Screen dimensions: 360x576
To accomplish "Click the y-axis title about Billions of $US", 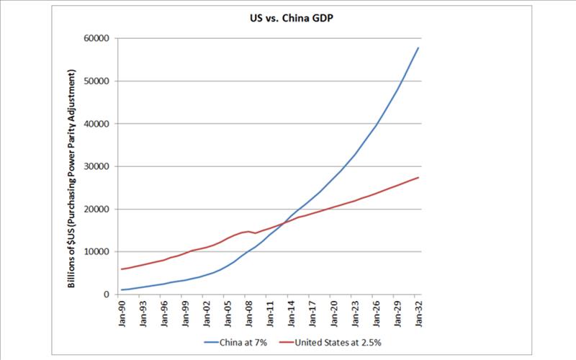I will pyautogui.click(x=72, y=179).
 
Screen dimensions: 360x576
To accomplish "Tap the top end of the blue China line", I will pyautogui.click(x=418, y=48).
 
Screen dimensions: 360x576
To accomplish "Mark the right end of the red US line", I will pyautogui.click(x=418, y=177).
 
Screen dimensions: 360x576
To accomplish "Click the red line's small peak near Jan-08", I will pyautogui.click(x=248, y=231).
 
